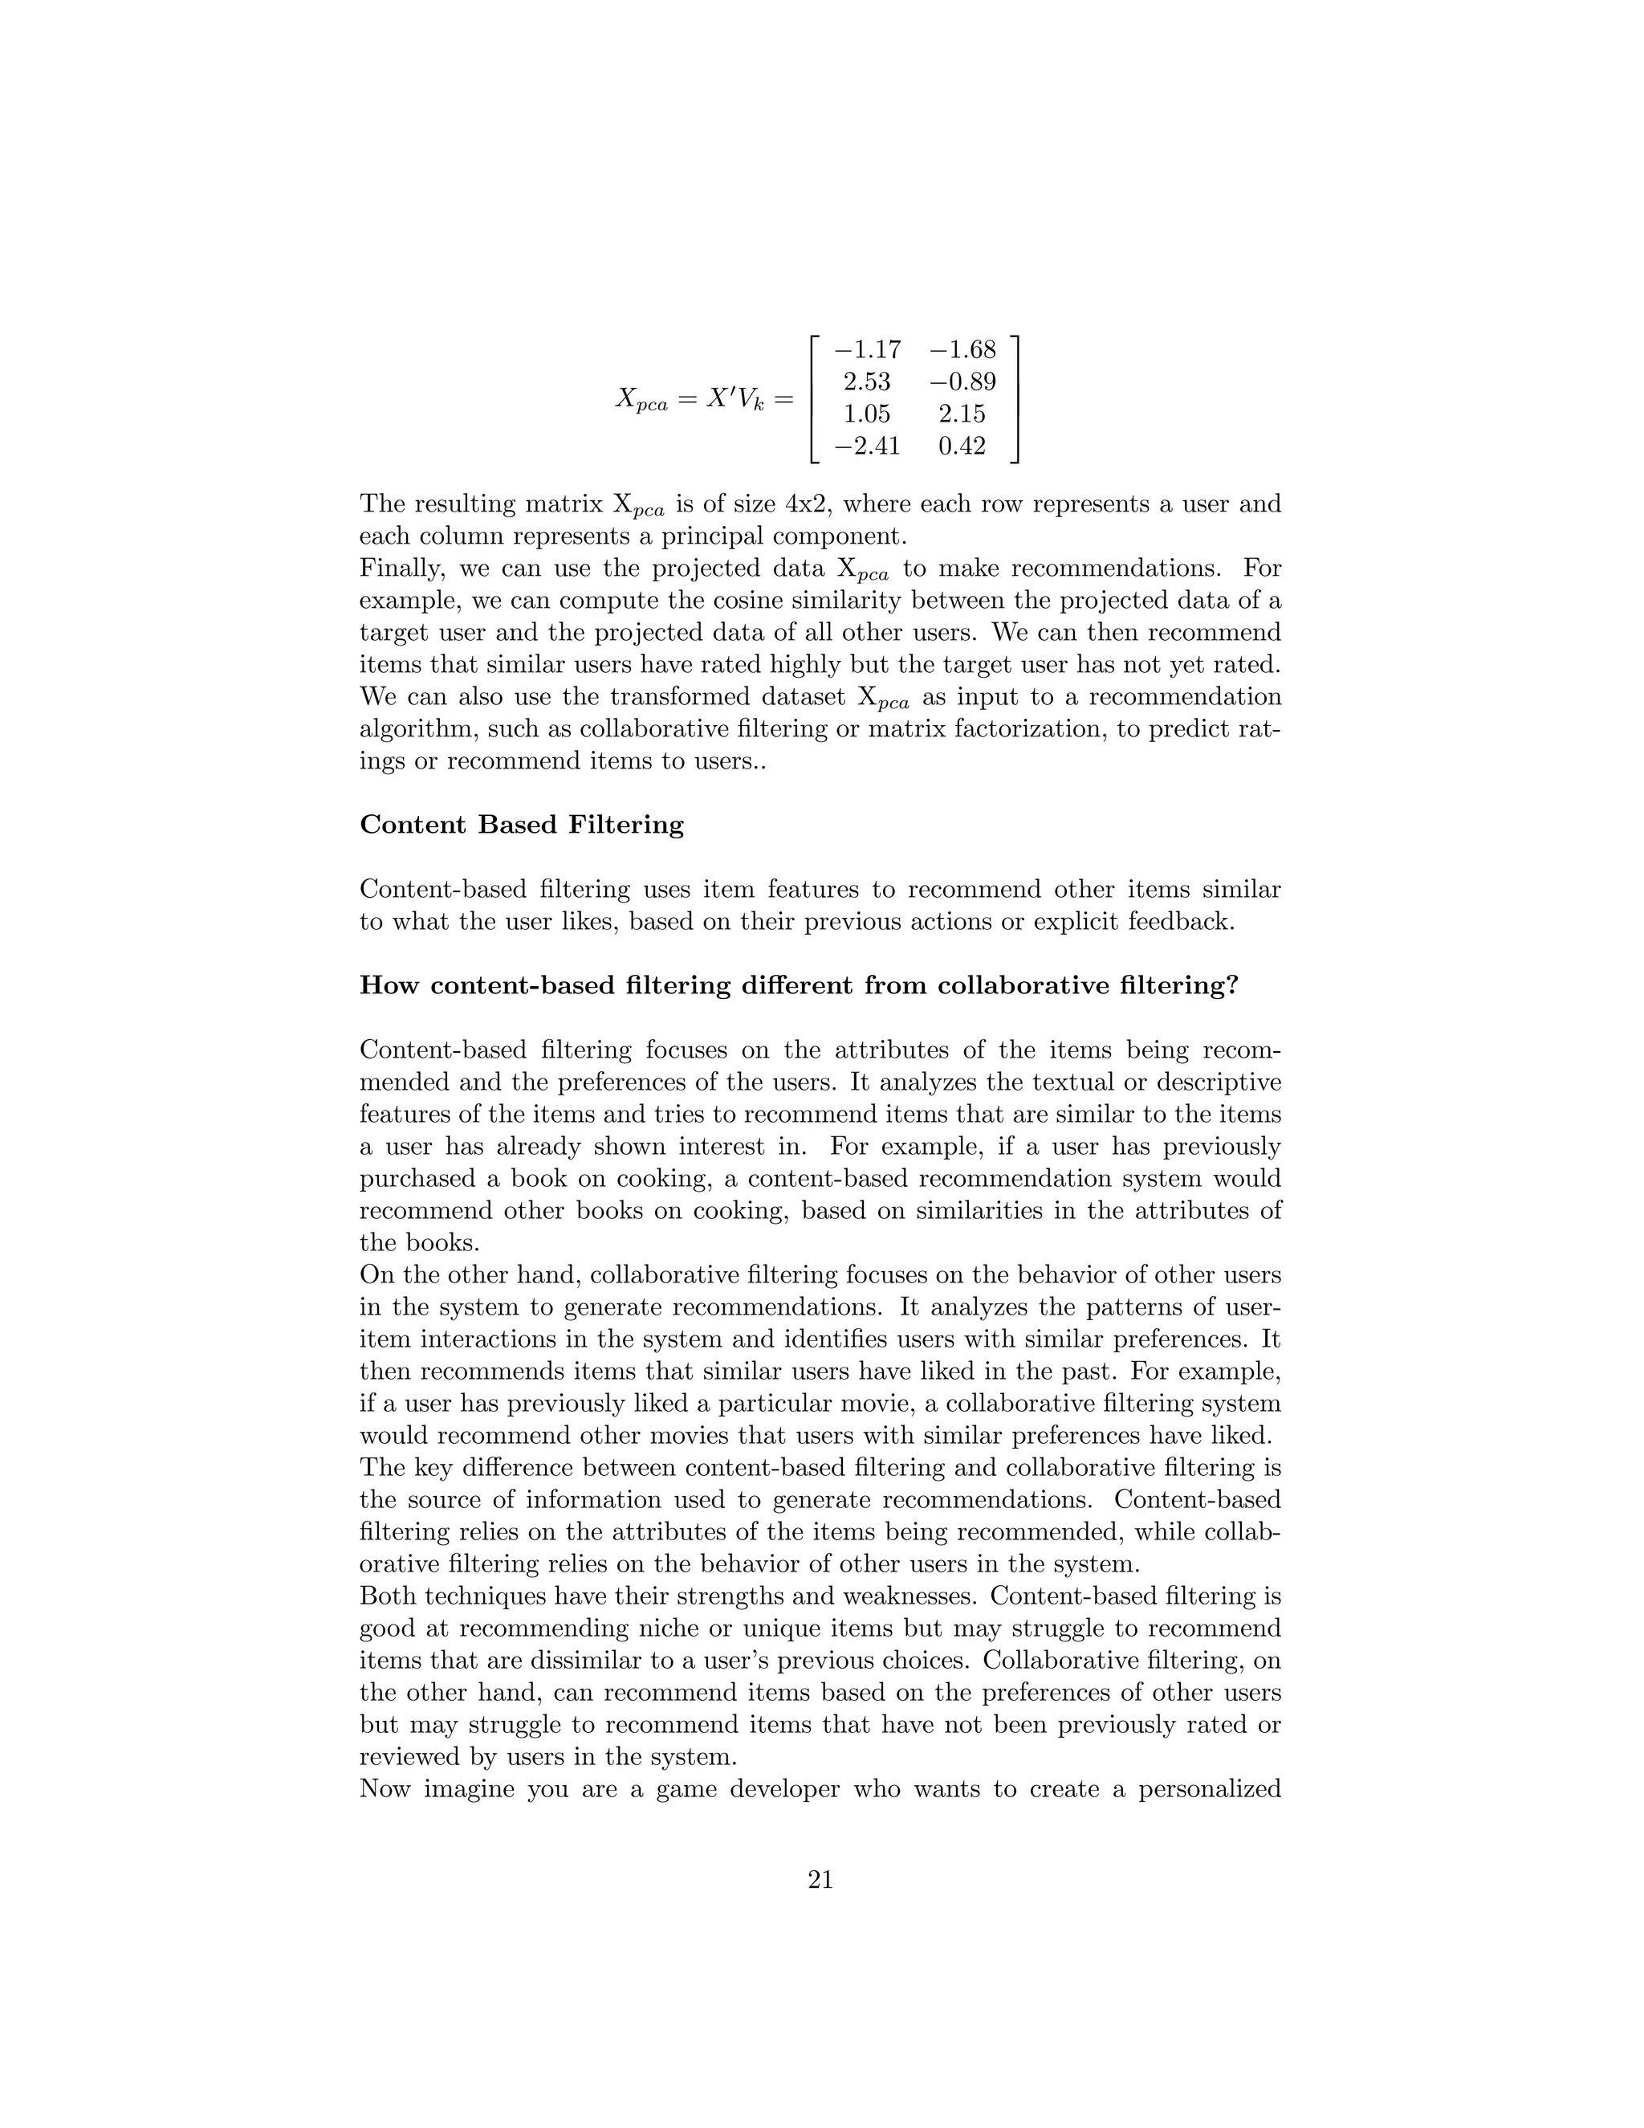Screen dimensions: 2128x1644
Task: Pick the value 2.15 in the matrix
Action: click(x=962, y=414)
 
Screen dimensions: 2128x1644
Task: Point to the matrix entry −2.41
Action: click(x=868, y=446)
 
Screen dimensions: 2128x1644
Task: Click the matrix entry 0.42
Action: click(x=962, y=446)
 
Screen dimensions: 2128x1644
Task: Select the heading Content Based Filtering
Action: click(x=522, y=826)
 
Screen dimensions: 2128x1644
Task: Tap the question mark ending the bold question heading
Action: click(x=1232, y=985)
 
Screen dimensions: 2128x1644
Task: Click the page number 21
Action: click(x=821, y=1881)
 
